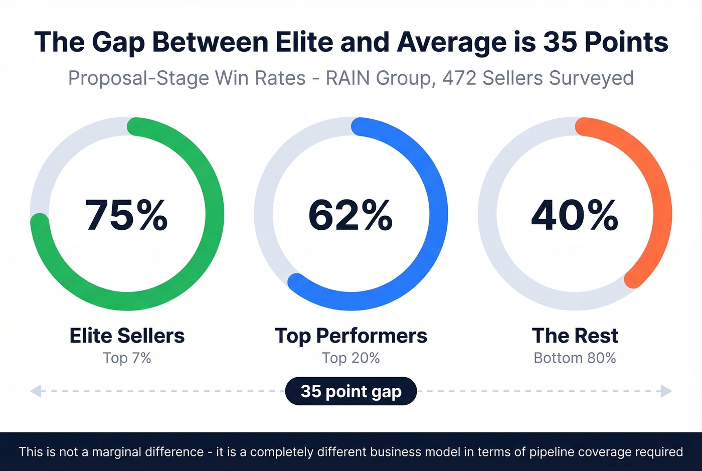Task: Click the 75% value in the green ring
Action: pyautogui.click(x=126, y=215)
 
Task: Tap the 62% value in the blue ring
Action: pyautogui.click(x=350, y=215)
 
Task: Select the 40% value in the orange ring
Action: pyautogui.click(x=575, y=215)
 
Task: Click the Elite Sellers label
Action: pyautogui.click(x=127, y=336)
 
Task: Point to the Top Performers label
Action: pyautogui.click(x=350, y=336)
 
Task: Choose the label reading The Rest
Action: pyautogui.click(x=575, y=336)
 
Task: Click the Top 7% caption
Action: pyautogui.click(x=127, y=358)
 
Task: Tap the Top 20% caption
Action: pyautogui.click(x=350, y=358)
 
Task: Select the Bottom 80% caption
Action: pyautogui.click(x=575, y=358)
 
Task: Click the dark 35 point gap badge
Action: pyautogui.click(x=350, y=391)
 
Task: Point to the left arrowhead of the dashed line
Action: pyautogui.click(x=36, y=391)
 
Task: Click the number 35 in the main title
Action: pyautogui.click(x=560, y=42)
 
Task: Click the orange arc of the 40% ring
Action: pyautogui.click(x=662, y=211)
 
